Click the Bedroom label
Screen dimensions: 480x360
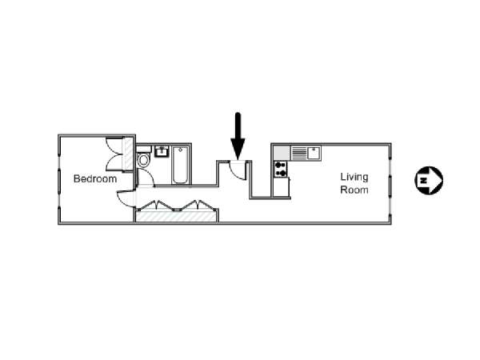[95, 178]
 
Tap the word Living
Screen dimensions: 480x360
[354, 178]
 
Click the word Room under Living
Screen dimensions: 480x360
[354, 190]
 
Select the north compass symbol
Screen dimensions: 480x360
[429, 180]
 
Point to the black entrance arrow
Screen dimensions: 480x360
[238, 136]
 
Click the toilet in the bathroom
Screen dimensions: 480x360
[143, 160]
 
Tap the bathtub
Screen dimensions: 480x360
[180, 165]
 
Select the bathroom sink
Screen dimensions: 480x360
[162, 151]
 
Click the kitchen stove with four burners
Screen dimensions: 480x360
[281, 170]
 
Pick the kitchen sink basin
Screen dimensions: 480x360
[314, 153]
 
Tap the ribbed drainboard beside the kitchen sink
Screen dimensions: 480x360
[298, 153]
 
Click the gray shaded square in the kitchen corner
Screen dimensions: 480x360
[282, 153]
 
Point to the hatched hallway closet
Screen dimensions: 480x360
[176, 216]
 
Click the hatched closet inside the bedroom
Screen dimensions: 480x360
[128, 154]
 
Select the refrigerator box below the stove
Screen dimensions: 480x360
[281, 187]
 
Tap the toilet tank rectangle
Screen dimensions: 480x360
[143, 150]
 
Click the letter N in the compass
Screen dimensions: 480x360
[423, 180]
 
